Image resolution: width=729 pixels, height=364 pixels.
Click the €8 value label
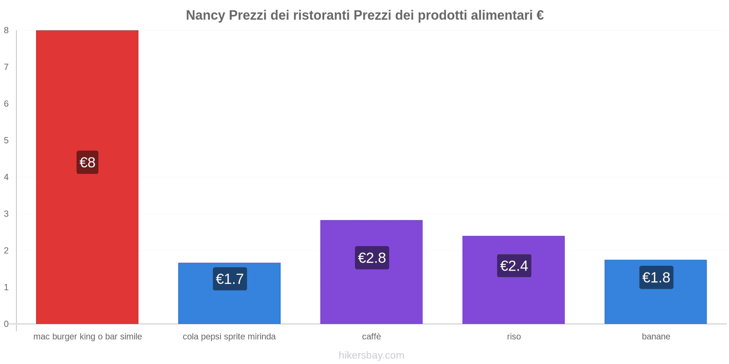click(x=87, y=162)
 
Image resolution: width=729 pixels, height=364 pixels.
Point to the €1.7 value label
click(x=230, y=279)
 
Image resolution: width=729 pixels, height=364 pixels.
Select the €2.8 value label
click(x=372, y=258)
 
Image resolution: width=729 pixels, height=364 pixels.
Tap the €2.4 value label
click(x=514, y=266)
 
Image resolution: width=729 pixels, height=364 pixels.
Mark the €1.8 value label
click(x=656, y=278)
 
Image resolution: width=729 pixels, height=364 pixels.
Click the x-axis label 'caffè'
click(x=371, y=337)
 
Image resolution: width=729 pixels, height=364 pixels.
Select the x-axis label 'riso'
click(x=514, y=337)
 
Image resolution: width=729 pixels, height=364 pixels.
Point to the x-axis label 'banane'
click(x=656, y=337)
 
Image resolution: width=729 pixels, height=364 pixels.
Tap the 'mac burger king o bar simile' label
click(x=87, y=337)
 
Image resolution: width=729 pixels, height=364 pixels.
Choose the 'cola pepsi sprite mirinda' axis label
click(x=229, y=337)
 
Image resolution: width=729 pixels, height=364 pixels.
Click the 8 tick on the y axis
click(x=6, y=30)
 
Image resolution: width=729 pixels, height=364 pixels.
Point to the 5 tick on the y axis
click(x=6, y=141)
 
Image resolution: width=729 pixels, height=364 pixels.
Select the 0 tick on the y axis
click(x=6, y=324)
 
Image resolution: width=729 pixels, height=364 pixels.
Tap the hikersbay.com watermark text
click(x=371, y=355)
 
